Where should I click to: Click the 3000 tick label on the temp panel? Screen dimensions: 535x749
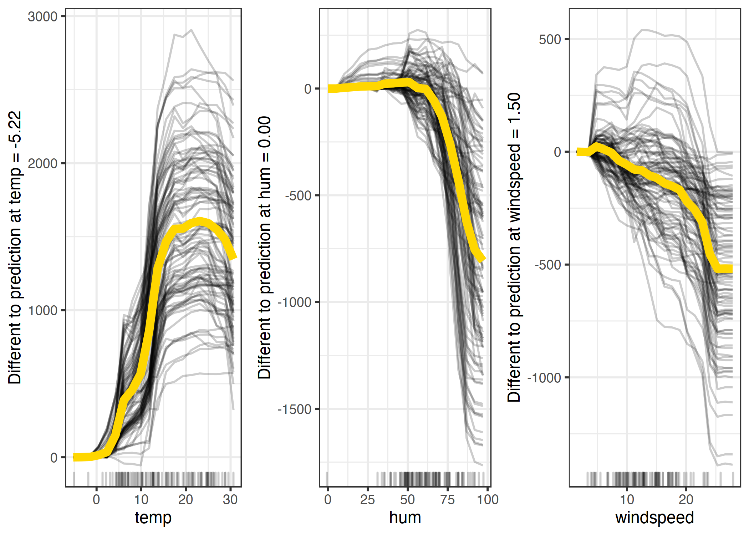tap(42, 17)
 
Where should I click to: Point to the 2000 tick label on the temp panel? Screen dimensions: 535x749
tap(42, 164)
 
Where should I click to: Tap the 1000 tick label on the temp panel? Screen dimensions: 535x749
tap(42, 311)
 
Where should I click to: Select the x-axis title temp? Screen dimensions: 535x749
tap(153, 518)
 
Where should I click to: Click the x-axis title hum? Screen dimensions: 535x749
tap(405, 518)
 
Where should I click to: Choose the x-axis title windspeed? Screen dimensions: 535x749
tap(654, 518)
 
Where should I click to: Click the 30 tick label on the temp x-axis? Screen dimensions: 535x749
tap(230, 499)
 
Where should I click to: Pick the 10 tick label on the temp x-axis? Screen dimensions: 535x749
tap(141, 499)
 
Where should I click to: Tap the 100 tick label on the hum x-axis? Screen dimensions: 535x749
tap(488, 499)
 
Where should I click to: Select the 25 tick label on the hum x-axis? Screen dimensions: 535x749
tap(367, 499)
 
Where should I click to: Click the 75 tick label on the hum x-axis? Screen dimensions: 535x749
tap(447, 499)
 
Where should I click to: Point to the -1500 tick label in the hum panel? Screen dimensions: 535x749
tap(295, 409)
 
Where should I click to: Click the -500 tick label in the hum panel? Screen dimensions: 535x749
tap(299, 196)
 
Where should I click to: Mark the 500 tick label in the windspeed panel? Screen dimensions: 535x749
tap(550, 39)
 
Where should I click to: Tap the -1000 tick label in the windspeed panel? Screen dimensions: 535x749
tap(545, 378)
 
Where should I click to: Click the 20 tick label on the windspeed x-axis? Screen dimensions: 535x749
tap(686, 499)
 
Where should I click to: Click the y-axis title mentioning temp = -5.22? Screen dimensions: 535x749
tap(15, 248)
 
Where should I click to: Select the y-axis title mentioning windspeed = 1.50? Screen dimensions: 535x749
tap(514, 248)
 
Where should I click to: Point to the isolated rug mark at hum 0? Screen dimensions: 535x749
tap(327, 479)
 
